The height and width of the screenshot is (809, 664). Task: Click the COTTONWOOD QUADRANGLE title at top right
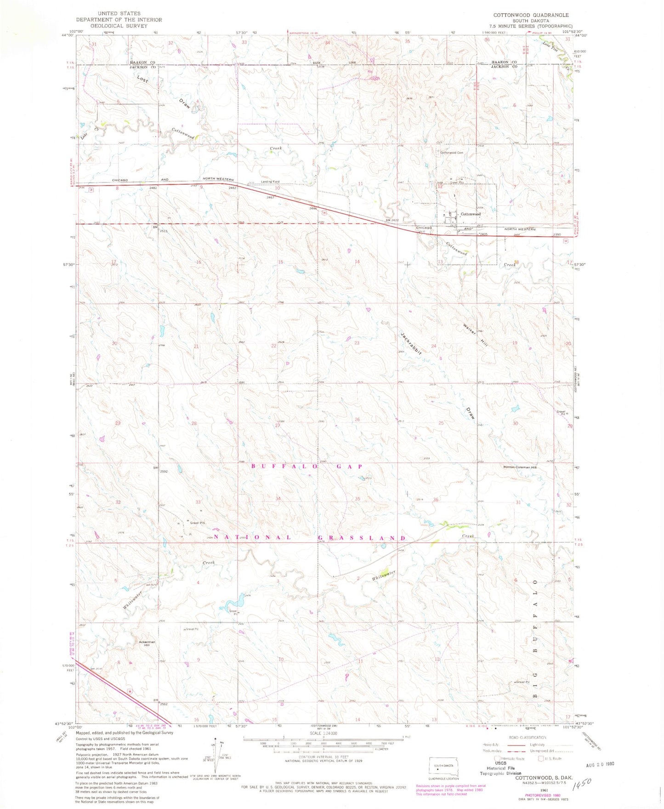tap(531, 15)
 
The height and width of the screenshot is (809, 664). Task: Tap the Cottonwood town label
tap(471, 214)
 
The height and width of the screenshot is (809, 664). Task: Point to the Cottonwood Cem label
tap(451, 152)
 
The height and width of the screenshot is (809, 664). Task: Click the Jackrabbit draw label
tap(410, 342)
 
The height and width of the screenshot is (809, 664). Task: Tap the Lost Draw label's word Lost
tap(142, 79)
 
